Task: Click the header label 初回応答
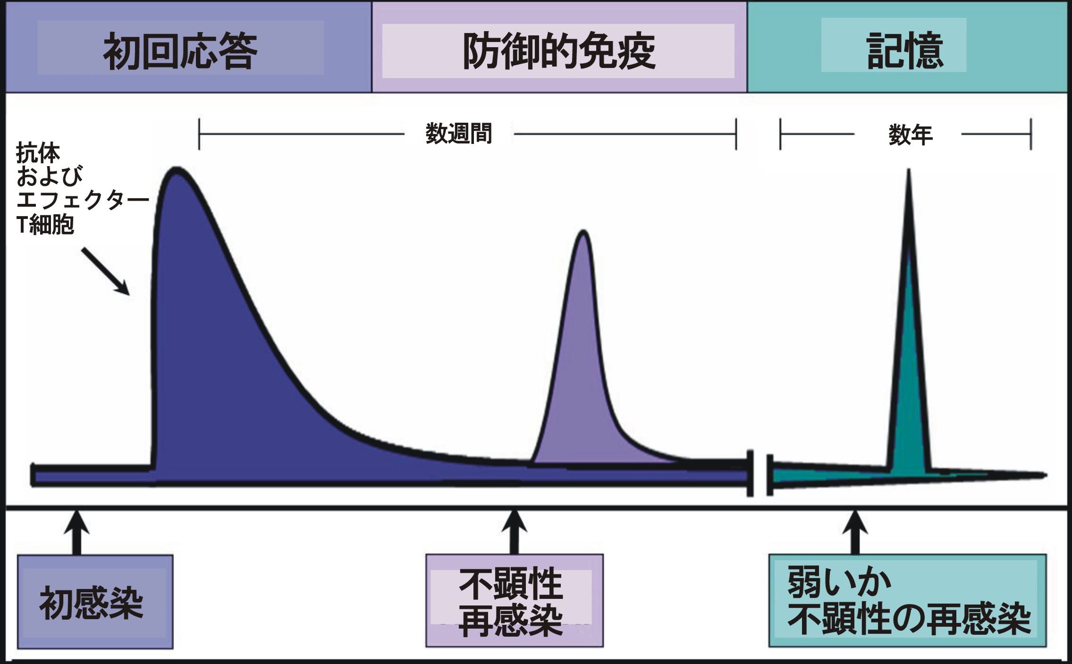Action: pyautogui.click(x=180, y=51)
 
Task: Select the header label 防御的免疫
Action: pyautogui.click(x=559, y=51)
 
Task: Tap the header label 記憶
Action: pyautogui.click(x=905, y=51)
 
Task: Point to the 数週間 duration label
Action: pyautogui.click(x=459, y=134)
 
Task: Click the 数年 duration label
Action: pyautogui.click(x=910, y=135)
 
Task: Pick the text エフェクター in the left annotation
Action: pyautogui.click(x=83, y=200)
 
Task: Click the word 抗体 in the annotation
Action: pyautogui.click(x=38, y=152)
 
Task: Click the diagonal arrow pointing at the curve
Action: pyautogui.click(x=105, y=271)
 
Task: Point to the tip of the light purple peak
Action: pyautogui.click(x=584, y=232)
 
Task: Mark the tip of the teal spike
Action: pyautogui.click(x=909, y=171)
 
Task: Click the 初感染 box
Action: pyautogui.click(x=95, y=602)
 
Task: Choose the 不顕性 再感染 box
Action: pyautogui.click(x=515, y=600)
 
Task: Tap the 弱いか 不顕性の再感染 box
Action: pyautogui.click(x=907, y=600)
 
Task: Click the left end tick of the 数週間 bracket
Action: pyautogui.click(x=199, y=134)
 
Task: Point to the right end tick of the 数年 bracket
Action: pyautogui.click(x=1031, y=134)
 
